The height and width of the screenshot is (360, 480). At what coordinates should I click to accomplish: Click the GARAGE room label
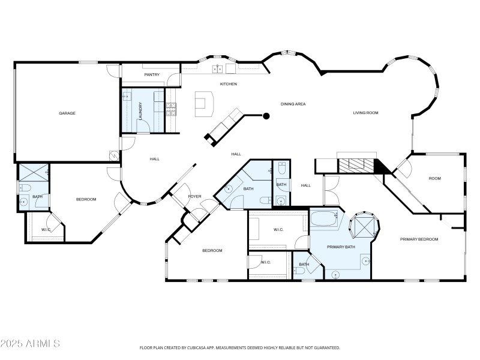click(x=67, y=113)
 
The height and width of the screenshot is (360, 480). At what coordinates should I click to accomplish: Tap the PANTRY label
click(x=152, y=75)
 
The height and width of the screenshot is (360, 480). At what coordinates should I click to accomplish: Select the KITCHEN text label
click(x=229, y=84)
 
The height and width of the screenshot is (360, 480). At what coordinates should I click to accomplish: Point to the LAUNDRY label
click(x=140, y=112)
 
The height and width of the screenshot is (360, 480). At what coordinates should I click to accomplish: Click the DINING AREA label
click(x=293, y=104)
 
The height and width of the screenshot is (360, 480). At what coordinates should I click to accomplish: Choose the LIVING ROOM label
click(x=365, y=113)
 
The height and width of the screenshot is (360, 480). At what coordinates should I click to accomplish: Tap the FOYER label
click(x=195, y=196)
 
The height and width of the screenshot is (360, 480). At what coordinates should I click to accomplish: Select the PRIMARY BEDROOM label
click(x=419, y=239)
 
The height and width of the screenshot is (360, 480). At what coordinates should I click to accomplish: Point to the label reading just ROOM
click(x=434, y=178)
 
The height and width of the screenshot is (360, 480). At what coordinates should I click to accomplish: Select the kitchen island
click(x=204, y=106)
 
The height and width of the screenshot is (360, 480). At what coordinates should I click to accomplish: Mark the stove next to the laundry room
click(x=171, y=109)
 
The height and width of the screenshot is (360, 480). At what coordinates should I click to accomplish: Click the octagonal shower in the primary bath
click(x=364, y=226)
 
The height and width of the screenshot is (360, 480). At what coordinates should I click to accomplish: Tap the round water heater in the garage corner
click(x=114, y=155)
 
